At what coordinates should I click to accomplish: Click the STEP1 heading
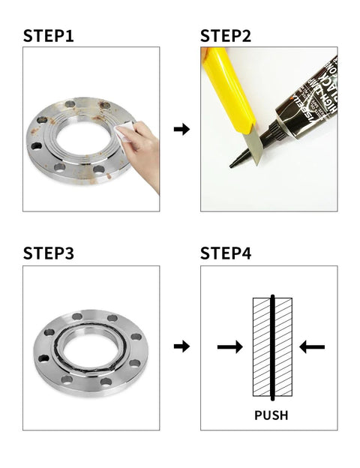(48, 35)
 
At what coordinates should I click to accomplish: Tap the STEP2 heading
(226, 35)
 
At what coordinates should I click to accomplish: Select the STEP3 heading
(49, 253)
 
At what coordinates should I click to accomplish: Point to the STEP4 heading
(226, 253)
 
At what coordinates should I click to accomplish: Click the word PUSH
(271, 415)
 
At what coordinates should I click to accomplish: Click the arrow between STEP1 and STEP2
(181, 129)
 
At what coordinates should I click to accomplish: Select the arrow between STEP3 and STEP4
(181, 346)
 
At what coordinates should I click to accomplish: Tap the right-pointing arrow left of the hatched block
(229, 346)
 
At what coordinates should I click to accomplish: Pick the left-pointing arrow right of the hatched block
(312, 346)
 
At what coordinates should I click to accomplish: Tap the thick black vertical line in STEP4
(274, 346)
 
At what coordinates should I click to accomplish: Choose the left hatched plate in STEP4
(262, 346)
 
